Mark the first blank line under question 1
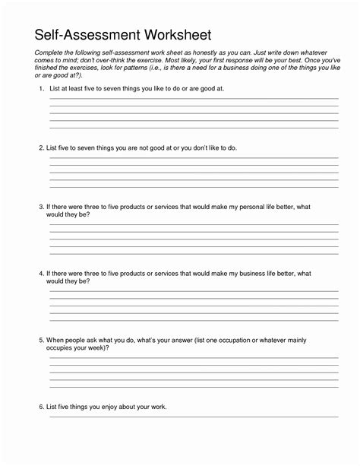pos(194,99)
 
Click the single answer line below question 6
pos(194,417)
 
